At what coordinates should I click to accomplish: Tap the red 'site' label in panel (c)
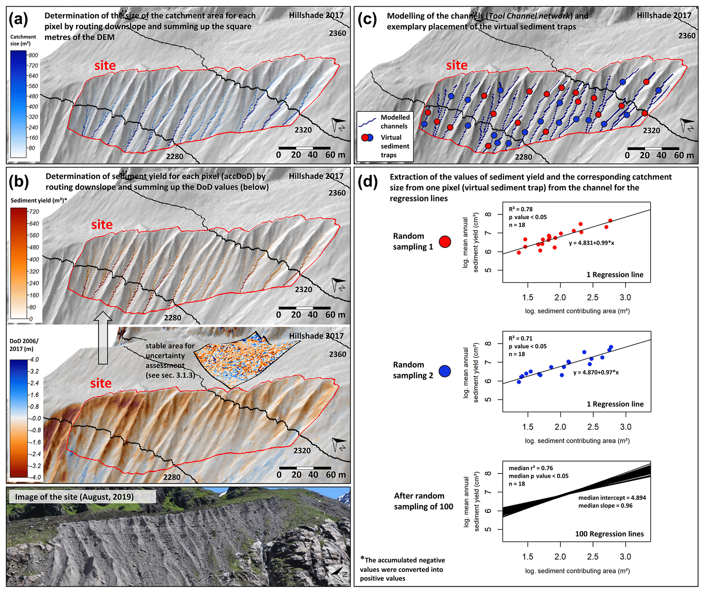coord(456,65)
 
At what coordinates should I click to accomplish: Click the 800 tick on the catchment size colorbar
coord(33,55)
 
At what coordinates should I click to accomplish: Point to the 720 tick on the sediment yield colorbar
coord(34,212)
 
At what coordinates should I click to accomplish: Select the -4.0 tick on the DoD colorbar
coord(35,477)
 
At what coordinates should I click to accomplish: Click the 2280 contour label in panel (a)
coord(175,156)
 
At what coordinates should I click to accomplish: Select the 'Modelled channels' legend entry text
coord(395,121)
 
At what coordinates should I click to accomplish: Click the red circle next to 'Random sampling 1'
coord(445,242)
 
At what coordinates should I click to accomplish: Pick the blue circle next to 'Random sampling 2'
coord(445,371)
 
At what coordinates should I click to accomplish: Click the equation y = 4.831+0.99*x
coord(591,243)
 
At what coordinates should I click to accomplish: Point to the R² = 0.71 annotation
coord(520,338)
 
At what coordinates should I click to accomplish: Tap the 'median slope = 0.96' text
coord(605,505)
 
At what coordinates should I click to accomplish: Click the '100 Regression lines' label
coord(609,534)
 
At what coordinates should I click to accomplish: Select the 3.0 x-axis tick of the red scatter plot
coord(625,297)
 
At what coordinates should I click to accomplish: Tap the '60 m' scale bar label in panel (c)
coord(684,155)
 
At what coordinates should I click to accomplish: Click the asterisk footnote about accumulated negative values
coord(402,569)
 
